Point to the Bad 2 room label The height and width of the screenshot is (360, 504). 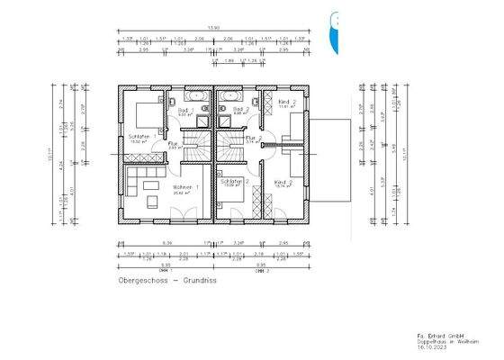click(x=240, y=108)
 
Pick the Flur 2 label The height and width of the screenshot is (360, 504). click(x=254, y=139)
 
